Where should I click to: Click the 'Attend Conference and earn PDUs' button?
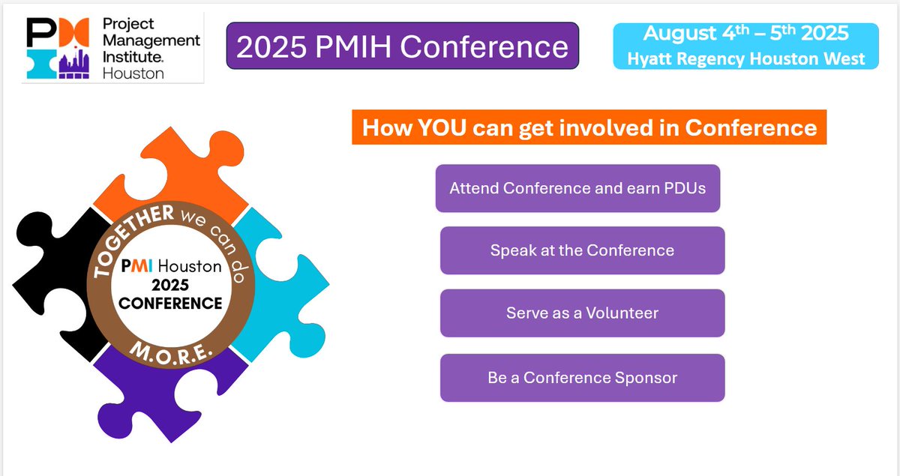pyautogui.click(x=577, y=188)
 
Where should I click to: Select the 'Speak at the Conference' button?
pyautogui.click(x=583, y=250)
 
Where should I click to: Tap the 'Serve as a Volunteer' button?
pyautogui.click(x=583, y=313)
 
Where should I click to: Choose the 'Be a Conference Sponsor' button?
pyautogui.click(x=583, y=378)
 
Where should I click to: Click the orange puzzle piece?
pyautogui.click(x=189, y=169)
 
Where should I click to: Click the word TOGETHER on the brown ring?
pyautogui.click(x=127, y=237)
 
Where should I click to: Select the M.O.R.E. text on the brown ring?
pyautogui.click(x=171, y=354)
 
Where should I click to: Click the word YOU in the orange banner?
pyautogui.click(x=442, y=127)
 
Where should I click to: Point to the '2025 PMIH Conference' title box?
pyautogui.click(x=403, y=46)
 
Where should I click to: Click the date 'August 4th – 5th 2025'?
pyautogui.click(x=745, y=34)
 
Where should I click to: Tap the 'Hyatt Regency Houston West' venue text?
pyautogui.click(x=745, y=59)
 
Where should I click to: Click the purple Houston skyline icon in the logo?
pyautogui.click(x=74, y=63)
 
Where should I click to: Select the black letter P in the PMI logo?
pyautogui.click(x=41, y=32)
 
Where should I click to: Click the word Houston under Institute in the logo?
pyautogui.click(x=133, y=74)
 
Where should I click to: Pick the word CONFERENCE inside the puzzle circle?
pyautogui.click(x=170, y=304)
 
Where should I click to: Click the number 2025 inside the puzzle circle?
pyautogui.click(x=170, y=285)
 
